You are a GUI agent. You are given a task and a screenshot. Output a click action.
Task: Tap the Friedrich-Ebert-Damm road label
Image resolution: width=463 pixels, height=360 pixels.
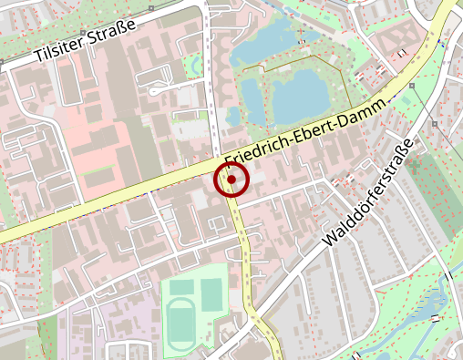click(309, 136)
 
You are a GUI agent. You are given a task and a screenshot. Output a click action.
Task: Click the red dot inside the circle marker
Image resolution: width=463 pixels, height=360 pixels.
click(232, 180)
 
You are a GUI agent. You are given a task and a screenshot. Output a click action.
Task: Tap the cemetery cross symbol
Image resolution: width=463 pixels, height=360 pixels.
click(416, 168)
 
